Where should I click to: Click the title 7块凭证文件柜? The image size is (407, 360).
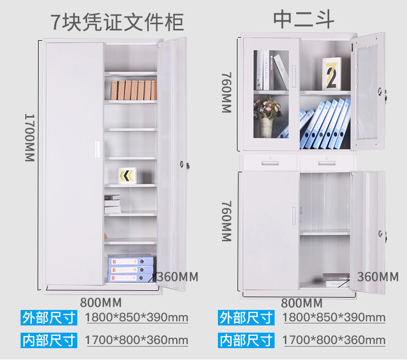117,22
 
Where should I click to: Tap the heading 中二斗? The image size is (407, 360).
303,19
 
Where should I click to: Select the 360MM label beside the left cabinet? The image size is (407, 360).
177,277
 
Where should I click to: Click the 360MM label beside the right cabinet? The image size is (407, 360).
378,277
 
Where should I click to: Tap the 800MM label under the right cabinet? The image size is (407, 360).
301,302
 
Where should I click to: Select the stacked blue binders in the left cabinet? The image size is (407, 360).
130,269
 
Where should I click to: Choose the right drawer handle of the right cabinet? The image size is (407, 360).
327,163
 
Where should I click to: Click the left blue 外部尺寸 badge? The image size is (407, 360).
49,317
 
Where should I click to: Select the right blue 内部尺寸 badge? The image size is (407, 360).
246,340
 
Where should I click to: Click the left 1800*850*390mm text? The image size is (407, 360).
137,317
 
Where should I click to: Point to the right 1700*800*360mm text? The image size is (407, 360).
334,340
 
